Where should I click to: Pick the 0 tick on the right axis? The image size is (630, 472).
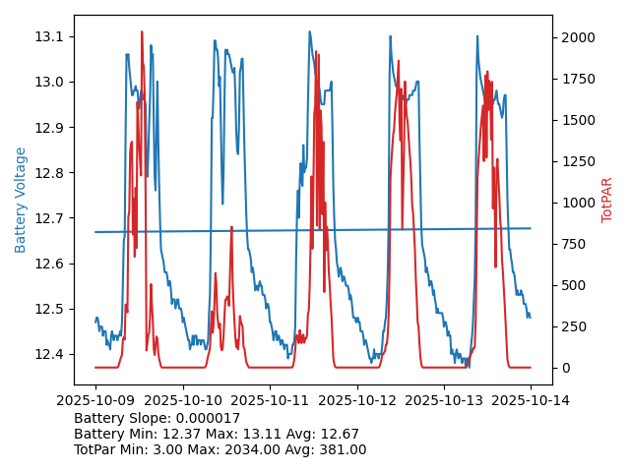coord(562,368)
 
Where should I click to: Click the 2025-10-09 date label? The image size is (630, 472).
coord(95,400)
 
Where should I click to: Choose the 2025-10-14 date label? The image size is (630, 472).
coord(531,400)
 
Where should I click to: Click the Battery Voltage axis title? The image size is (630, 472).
coord(21,200)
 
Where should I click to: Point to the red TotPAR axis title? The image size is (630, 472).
coord(607,200)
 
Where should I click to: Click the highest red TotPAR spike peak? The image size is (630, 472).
coord(141,32)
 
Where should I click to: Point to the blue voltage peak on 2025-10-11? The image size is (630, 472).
coord(308,31)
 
